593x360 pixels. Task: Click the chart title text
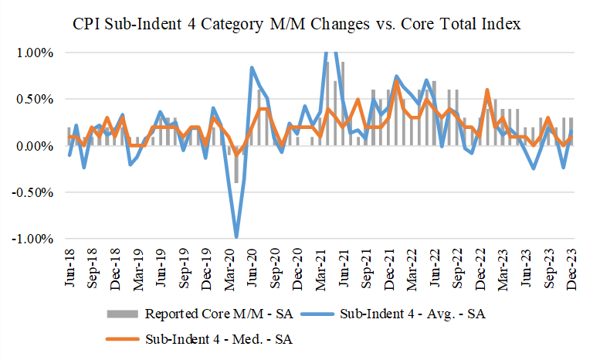click(x=296, y=24)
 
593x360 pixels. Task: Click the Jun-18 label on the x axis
click(x=70, y=267)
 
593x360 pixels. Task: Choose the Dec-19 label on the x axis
click(x=207, y=267)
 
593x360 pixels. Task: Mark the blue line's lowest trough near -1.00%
click(x=236, y=237)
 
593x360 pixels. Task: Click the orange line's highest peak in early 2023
click(x=487, y=90)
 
